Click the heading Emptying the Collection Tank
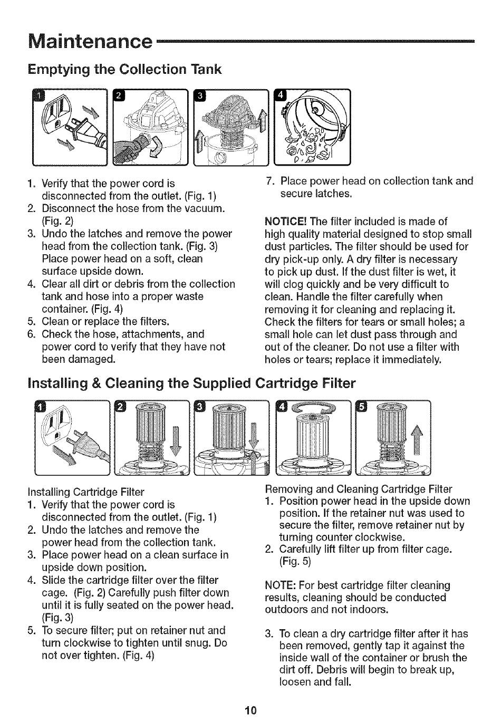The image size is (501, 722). point(125,70)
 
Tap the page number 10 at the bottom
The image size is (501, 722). point(250,710)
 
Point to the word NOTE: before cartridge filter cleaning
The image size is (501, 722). point(281,585)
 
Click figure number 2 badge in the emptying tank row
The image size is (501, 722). point(120,95)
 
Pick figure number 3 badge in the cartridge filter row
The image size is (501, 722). point(200,406)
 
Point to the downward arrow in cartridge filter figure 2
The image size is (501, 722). point(175,437)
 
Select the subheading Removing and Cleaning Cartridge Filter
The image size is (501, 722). point(358,488)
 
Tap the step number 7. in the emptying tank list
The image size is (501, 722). point(270,181)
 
